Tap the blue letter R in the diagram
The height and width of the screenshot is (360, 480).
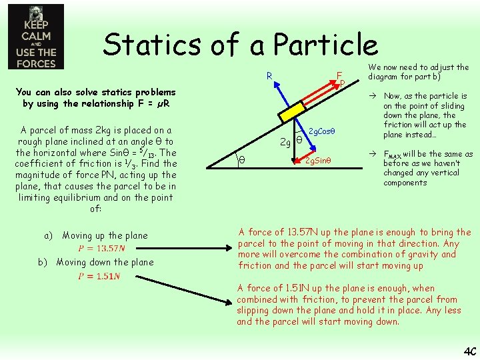click(x=269, y=75)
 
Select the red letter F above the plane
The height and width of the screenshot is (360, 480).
click(x=339, y=75)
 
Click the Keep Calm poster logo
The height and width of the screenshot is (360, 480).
click(x=36, y=37)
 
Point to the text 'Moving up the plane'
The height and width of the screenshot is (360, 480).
click(x=105, y=235)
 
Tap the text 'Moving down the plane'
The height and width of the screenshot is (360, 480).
click(x=105, y=262)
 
